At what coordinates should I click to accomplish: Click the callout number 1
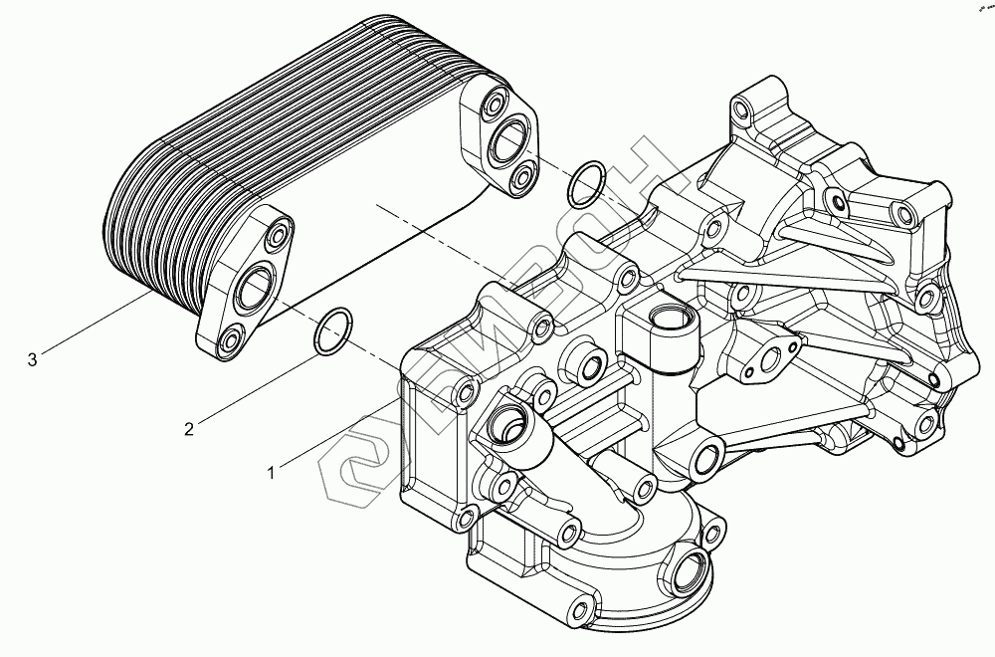pyautogui.click(x=271, y=473)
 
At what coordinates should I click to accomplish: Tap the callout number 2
pyautogui.click(x=188, y=429)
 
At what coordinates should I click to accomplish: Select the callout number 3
pyautogui.click(x=33, y=359)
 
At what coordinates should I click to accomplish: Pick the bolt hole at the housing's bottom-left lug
pyautogui.click(x=574, y=604)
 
